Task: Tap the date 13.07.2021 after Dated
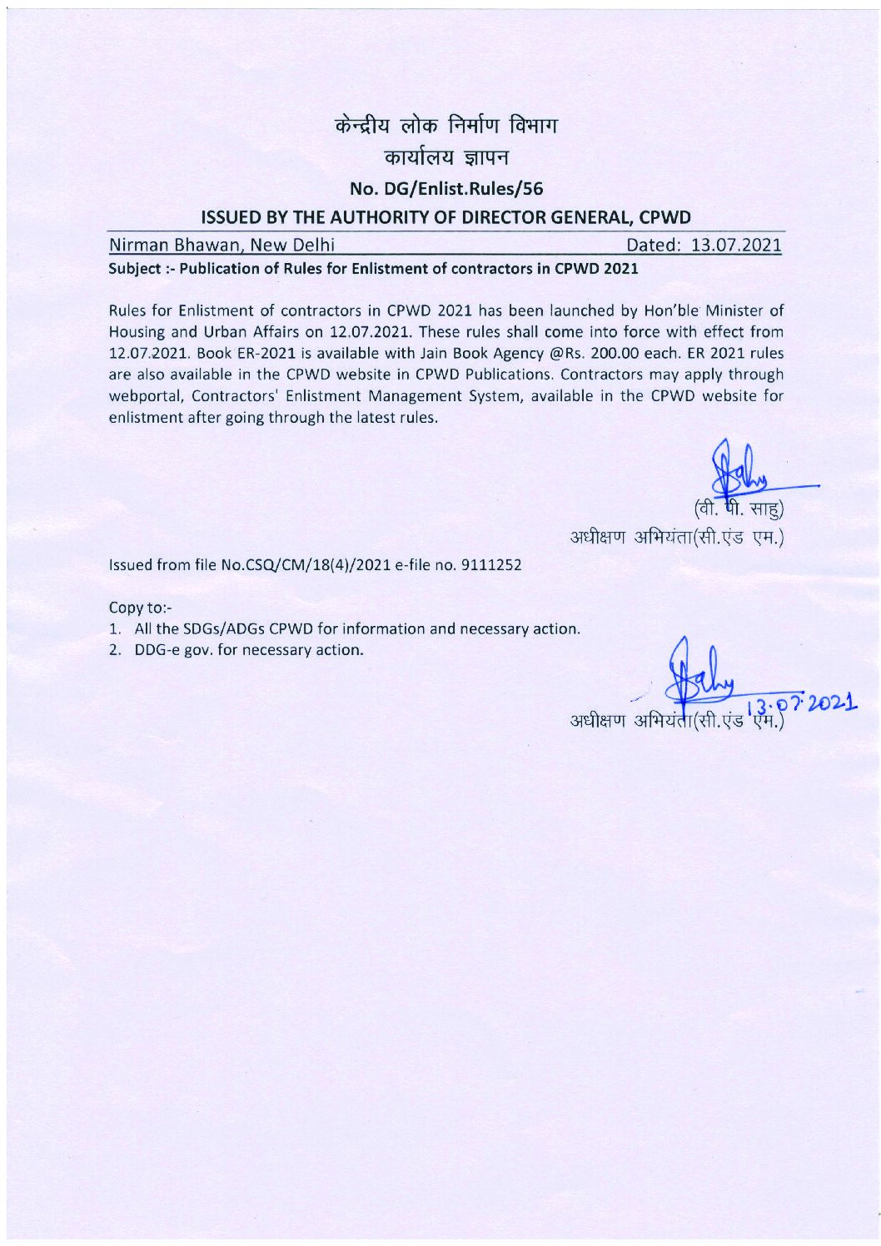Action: coord(730,246)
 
